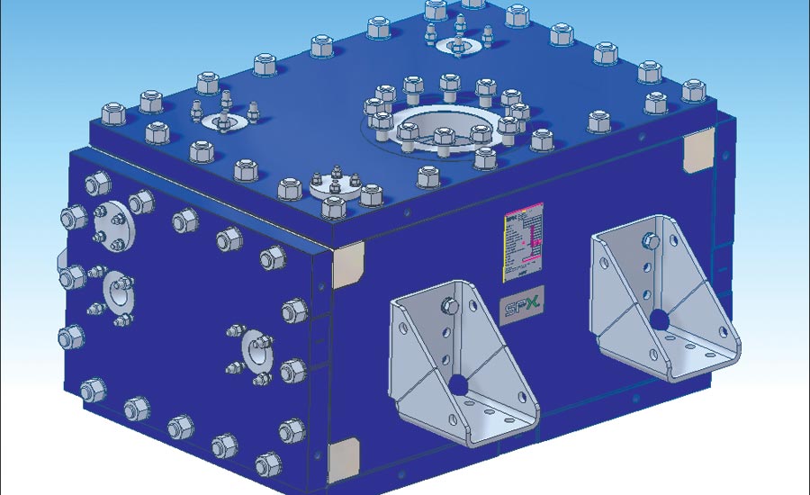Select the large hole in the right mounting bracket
point(661,319)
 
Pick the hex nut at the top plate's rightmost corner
point(693,90)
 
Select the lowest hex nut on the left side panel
point(267,464)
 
